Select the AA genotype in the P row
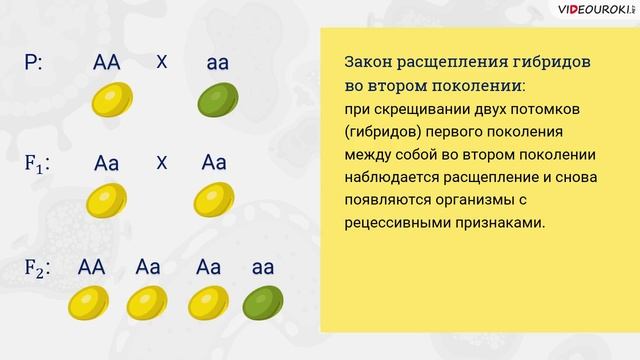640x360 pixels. pyautogui.click(x=106, y=63)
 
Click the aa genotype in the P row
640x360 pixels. pyautogui.click(x=217, y=63)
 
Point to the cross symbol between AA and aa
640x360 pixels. pyautogui.click(x=162, y=61)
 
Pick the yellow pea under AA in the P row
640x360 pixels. pyautogui.click(x=109, y=101)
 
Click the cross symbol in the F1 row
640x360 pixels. pyautogui.click(x=162, y=163)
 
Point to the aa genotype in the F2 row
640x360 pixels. pyautogui.click(x=264, y=267)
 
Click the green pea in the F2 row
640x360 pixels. pyautogui.click(x=264, y=301)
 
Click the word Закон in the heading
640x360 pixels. pyautogui.click(x=369, y=62)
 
